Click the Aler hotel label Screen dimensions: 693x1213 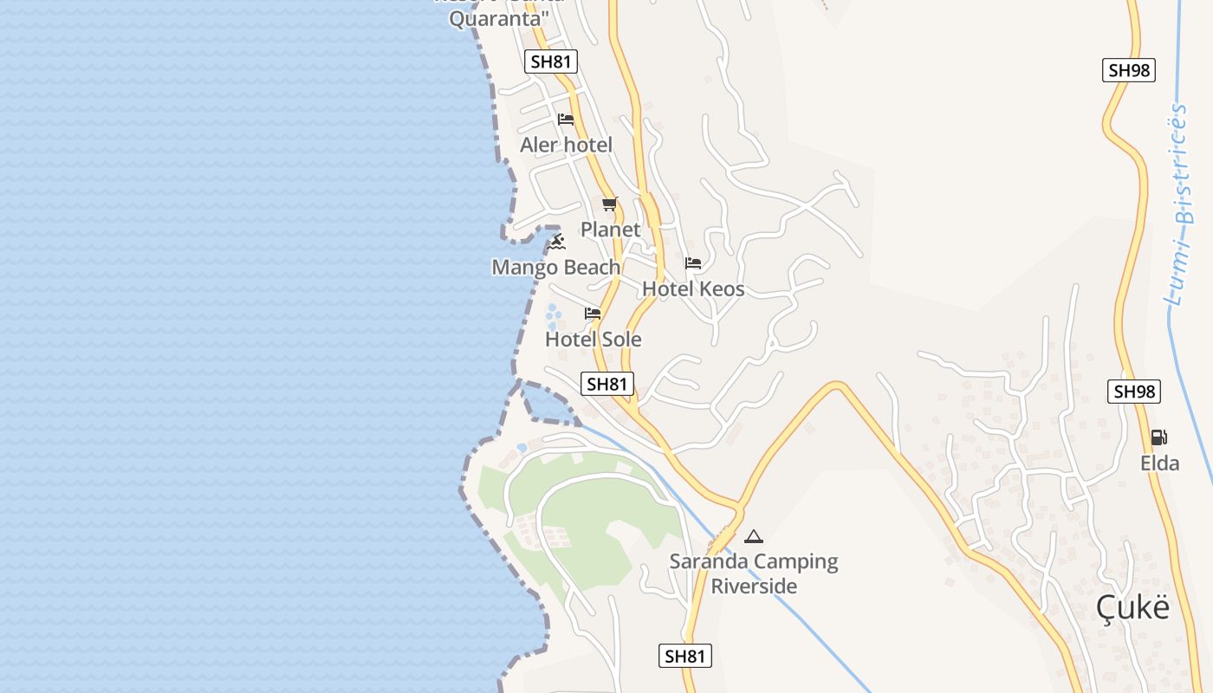coord(566,145)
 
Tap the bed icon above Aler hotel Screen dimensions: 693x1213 coord(566,120)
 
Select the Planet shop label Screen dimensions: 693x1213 coord(610,230)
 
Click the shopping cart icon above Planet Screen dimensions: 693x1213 coord(610,204)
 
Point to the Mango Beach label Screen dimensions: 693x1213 coord(555,268)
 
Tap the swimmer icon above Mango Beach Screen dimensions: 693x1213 coord(556,241)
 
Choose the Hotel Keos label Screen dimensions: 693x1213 coord(693,289)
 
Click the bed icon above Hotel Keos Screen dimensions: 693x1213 coord(692,262)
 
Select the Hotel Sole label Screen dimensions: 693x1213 coord(594,340)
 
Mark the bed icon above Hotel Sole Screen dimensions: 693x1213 coord(593,313)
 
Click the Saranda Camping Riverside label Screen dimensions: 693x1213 coord(754,573)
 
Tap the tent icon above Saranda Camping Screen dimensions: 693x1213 coord(754,536)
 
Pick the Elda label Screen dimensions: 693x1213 coord(1159,463)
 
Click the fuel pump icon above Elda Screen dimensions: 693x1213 coord(1158,437)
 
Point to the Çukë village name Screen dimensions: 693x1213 coord(1132,607)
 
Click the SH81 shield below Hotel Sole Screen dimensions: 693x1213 coord(607,384)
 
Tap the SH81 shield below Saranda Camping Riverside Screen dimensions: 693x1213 coord(685,656)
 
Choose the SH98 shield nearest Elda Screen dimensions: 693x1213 coord(1134,392)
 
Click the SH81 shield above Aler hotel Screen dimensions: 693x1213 coord(551,62)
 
